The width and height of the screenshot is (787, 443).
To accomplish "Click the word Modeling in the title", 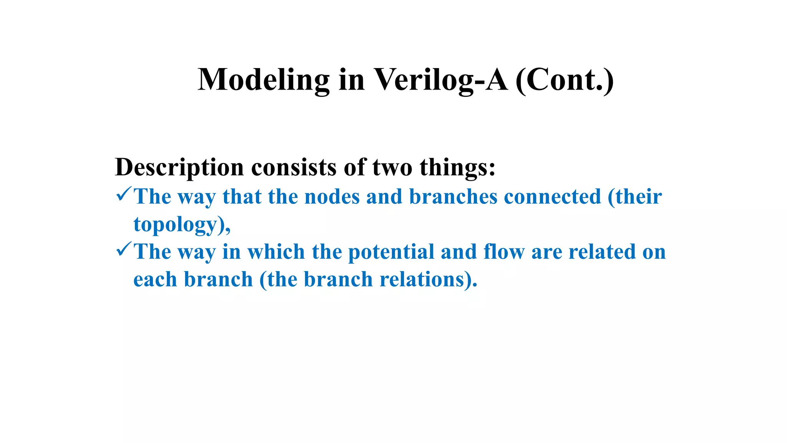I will [x=264, y=80].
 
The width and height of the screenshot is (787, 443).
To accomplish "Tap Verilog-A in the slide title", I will [x=441, y=80].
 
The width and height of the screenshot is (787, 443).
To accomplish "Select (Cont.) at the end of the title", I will [x=564, y=80].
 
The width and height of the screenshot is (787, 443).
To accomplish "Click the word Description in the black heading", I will [x=179, y=168].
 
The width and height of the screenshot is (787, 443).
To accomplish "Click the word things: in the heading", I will [x=457, y=168].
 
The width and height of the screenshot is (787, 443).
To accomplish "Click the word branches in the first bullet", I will [x=453, y=197].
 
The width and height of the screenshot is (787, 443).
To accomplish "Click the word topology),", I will [x=182, y=225].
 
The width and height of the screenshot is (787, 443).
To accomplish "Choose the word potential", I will [x=391, y=252].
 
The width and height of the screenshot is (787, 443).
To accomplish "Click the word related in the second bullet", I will [x=602, y=252].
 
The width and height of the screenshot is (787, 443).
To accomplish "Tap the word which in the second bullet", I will [x=276, y=252].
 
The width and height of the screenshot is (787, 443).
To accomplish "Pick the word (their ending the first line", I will [x=635, y=197].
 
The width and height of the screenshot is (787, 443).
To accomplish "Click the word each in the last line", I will [x=155, y=280].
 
